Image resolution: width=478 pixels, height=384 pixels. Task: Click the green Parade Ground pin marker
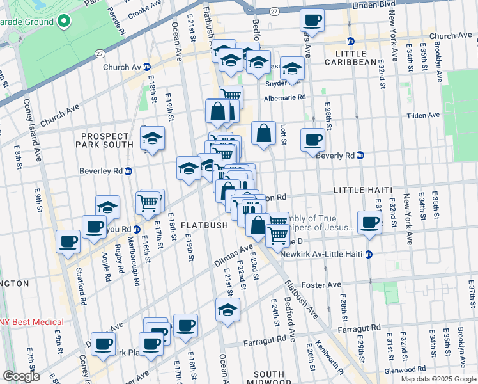[63, 22]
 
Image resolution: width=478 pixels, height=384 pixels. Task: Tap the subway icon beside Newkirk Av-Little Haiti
[369, 254]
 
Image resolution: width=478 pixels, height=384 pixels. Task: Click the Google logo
[22, 376]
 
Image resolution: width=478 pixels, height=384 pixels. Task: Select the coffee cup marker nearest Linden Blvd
[312, 20]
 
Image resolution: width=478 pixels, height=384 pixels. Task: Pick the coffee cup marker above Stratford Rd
[68, 242]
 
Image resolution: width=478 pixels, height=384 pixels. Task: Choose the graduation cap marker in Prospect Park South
[153, 138]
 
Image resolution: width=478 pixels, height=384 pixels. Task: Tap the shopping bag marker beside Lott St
[263, 134]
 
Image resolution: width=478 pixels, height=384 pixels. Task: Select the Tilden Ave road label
[424, 115]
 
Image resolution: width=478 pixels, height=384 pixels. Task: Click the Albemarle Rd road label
[284, 98]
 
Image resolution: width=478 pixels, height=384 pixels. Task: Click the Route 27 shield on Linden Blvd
[273, 12]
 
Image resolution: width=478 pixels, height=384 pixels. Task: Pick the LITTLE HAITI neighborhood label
[361, 191]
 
